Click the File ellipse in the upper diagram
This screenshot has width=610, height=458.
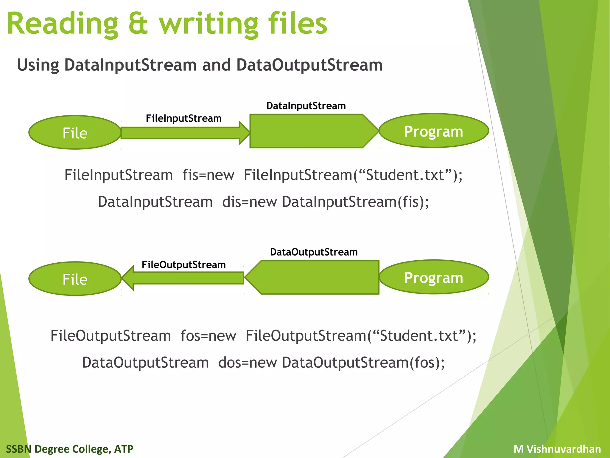coord(75,133)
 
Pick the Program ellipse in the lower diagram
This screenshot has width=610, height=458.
coord(433,278)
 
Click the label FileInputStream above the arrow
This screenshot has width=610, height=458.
coord(183,118)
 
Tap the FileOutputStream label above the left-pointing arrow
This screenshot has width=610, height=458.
coord(183,264)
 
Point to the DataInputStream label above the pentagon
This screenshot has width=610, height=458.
coord(306,106)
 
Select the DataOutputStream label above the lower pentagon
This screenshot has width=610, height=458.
coord(314,252)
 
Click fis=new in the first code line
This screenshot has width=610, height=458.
coord(208,175)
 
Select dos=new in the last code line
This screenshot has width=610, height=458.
coord(248,363)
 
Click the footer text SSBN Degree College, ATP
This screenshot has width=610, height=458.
coord(70,449)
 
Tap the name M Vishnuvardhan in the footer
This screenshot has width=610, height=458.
coord(557,449)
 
